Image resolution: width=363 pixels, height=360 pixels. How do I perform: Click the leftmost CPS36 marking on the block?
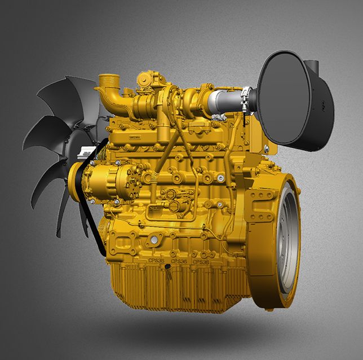[156, 261]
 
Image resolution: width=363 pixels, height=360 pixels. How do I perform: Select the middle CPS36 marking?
[179, 261]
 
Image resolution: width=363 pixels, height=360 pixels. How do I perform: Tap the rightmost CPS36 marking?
[201, 262]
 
